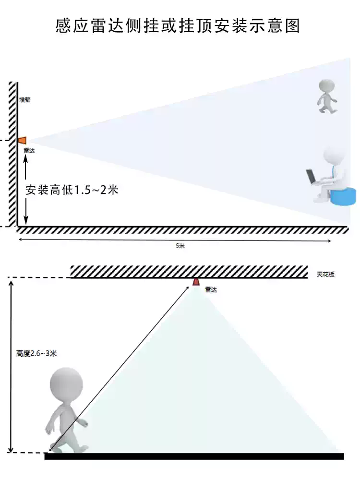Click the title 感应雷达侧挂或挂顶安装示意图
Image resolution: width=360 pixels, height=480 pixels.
[178, 25]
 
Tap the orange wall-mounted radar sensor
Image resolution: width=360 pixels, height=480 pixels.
[22, 140]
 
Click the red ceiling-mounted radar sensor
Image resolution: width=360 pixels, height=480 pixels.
[196, 281]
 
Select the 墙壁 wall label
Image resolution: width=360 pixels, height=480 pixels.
[24, 100]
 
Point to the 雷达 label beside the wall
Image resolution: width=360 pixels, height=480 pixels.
[29, 150]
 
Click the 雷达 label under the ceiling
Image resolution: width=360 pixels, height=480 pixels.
[210, 289]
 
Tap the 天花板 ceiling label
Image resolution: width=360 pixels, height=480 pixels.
[325, 275]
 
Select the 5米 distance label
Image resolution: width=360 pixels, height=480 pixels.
[180, 245]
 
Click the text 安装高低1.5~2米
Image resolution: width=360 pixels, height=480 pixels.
[72, 190]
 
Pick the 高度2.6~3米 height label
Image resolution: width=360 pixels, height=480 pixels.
[36, 354]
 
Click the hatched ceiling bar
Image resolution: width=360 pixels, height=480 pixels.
[189, 272]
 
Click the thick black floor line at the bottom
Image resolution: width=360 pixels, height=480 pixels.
[194, 456]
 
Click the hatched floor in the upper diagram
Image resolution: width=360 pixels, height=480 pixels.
[182, 230]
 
